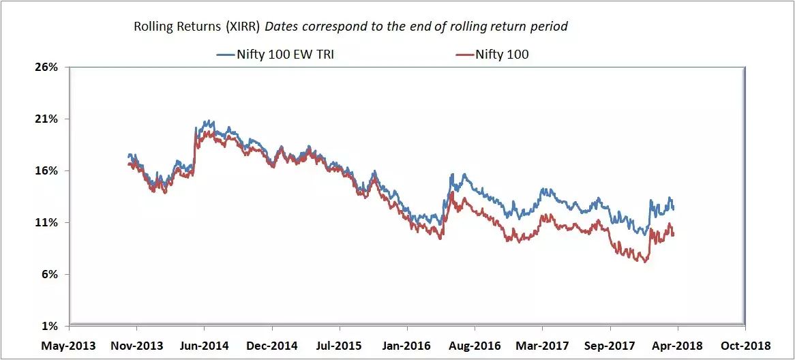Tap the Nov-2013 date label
click(x=137, y=346)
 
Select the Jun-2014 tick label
click(x=204, y=346)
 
